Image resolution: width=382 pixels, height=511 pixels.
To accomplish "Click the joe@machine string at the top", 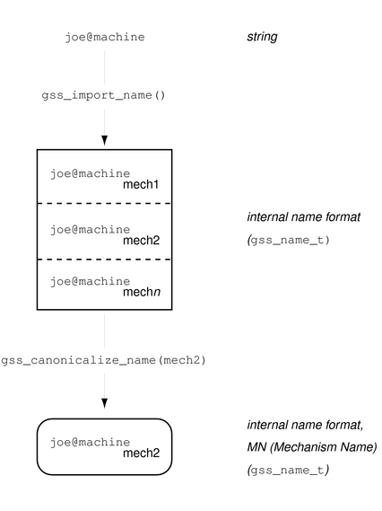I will pyautogui.click(x=105, y=37).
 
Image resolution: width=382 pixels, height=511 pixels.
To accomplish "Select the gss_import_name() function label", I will pyautogui.click(x=104, y=94).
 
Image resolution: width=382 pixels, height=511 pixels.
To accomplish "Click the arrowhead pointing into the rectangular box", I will pyautogui.click(x=104, y=140).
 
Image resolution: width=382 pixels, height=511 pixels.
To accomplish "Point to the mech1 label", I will pyautogui.click(x=141, y=185).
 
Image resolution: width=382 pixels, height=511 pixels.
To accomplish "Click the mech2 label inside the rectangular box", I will pyautogui.click(x=141, y=242).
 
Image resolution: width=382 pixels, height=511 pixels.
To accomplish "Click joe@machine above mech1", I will pyautogui.click(x=91, y=172).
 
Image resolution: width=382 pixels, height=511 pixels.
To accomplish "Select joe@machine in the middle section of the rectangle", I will pyautogui.click(x=91, y=229).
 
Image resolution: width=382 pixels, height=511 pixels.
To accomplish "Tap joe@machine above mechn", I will pyautogui.click(x=91, y=281).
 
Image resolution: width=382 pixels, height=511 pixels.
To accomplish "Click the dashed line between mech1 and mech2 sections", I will pyautogui.click(x=104, y=204).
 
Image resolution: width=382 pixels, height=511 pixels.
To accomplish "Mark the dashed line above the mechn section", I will pyautogui.click(x=104, y=259).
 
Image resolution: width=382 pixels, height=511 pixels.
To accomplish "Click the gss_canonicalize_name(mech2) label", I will pyautogui.click(x=104, y=360).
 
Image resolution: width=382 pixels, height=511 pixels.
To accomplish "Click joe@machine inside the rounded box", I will pyautogui.click(x=91, y=443).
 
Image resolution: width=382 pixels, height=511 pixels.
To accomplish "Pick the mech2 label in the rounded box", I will pyautogui.click(x=141, y=454).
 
